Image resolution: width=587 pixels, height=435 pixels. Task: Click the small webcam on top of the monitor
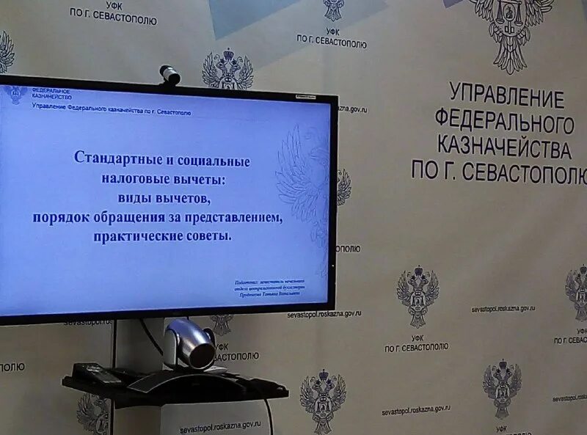(169, 75)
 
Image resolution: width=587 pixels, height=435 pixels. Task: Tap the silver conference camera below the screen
(192, 344)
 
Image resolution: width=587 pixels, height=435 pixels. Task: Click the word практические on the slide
(135, 236)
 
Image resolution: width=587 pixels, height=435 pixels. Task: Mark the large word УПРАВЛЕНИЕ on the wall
(506, 96)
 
